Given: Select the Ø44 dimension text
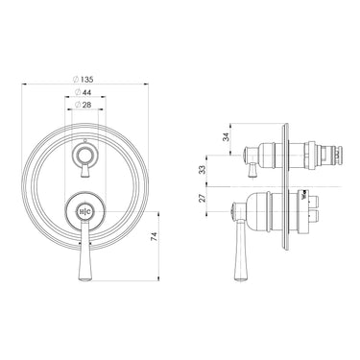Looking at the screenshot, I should pos(86,92).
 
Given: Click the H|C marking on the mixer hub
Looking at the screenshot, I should pos(86,210).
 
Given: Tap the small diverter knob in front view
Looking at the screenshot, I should pos(86,152).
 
